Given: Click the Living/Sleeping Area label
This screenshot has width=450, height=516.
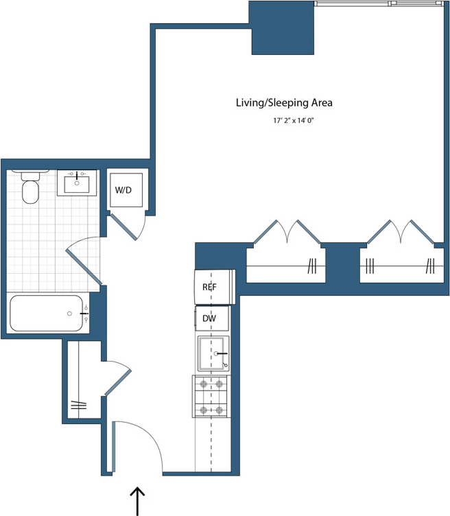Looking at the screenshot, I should point(284,103).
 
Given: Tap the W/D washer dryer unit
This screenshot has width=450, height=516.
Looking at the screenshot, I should point(127,188).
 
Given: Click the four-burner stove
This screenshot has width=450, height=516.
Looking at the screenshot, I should point(211,397).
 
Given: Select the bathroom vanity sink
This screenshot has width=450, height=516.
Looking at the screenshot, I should point(76,183).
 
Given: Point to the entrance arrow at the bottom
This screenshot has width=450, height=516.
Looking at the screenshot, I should point(138,500).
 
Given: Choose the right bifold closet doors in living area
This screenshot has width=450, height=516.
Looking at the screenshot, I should point(401,233).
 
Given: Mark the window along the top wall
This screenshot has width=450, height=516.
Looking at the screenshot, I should point(378,3).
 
